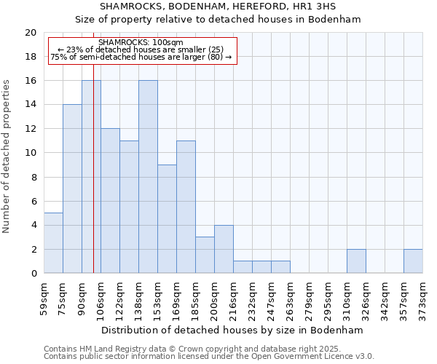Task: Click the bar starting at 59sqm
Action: (x=53, y=243)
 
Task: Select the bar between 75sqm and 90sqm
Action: (x=72, y=189)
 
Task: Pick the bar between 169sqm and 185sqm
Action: (x=186, y=207)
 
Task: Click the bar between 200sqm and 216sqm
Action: (x=224, y=249)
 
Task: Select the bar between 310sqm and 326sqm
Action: (x=356, y=261)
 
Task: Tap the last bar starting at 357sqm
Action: (x=413, y=261)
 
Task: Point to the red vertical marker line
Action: (x=94, y=182)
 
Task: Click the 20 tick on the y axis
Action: (x=30, y=33)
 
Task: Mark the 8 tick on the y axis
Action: (x=33, y=177)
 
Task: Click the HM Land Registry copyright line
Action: (x=208, y=349)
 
